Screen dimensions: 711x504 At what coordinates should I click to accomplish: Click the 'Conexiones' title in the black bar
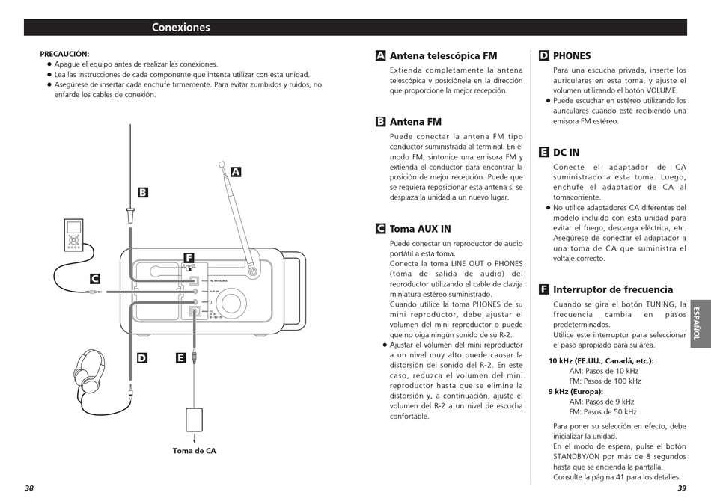click(x=180, y=27)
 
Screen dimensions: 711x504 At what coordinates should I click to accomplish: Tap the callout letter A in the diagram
click(x=236, y=172)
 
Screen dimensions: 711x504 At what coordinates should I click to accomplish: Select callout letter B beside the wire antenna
click(x=142, y=193)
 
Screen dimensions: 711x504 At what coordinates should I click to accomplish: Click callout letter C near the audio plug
click(x=95, y=279)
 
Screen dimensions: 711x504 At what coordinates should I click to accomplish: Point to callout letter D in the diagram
click(x=142, y=358)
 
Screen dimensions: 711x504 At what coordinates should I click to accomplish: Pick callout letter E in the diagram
click(x=180, y=358)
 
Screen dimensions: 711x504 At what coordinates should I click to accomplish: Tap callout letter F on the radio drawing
click(x=189, y=258)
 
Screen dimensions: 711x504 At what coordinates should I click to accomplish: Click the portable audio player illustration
click(x=73, y=235)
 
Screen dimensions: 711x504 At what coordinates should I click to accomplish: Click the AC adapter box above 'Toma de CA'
click(x=194, y=420)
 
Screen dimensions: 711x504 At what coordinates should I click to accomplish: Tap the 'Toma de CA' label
click(x=194, y=450)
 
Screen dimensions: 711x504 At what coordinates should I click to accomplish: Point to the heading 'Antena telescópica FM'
click(x=444, y=56)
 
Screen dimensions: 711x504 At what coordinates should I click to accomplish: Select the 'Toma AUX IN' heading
click(x=421, y=228)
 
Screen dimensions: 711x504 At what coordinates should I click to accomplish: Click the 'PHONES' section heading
click(x=572, y=56)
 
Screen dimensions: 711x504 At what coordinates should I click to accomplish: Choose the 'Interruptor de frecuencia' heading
click(x=613, y=289)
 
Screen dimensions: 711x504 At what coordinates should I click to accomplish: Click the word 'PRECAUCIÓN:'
click(x=64, y=54)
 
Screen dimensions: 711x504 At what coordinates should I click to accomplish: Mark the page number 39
click(x=682, y=488)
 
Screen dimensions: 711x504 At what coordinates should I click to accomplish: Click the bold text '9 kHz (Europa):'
click(x=576, y=392)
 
